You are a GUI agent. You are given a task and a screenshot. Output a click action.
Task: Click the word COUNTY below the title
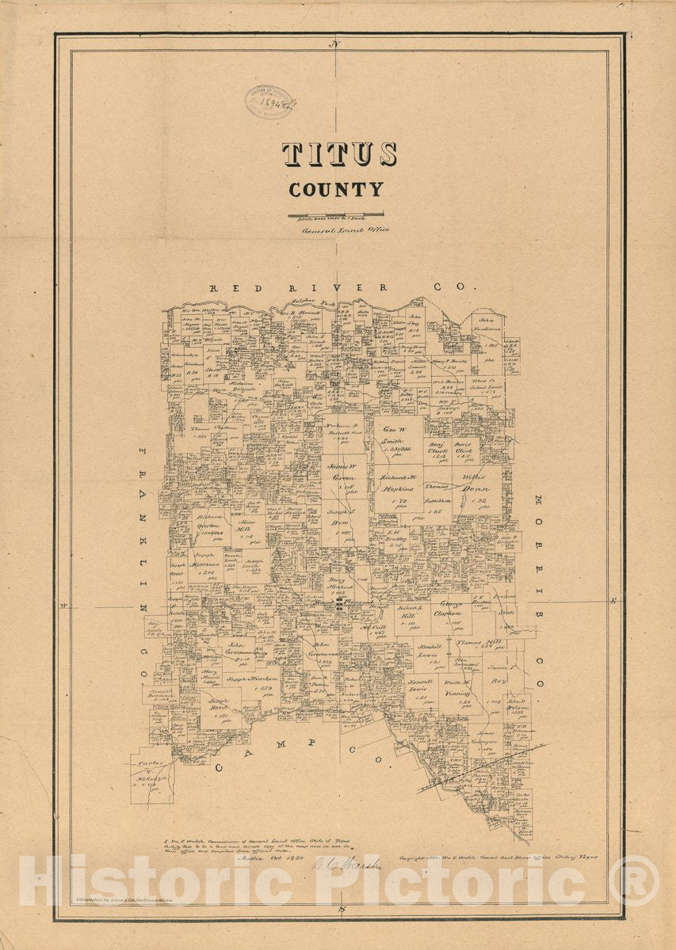coord(336,190)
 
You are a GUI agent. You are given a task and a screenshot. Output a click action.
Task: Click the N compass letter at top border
coord(337,45)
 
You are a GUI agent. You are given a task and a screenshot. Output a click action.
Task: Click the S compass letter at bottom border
coord(339,908)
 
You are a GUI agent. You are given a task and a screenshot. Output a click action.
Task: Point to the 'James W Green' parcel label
coord(345,473)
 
